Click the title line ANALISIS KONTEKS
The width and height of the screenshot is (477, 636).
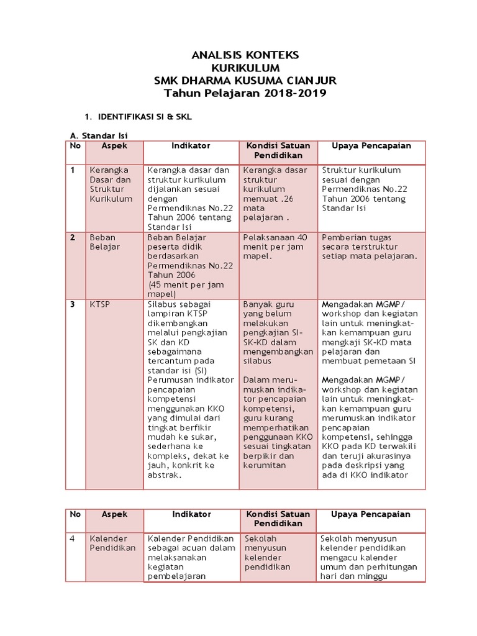click(x=245, y=55)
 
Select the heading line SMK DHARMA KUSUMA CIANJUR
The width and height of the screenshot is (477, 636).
click(x=245, y=81)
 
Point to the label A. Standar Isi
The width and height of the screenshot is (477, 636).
click(x=101, y=135)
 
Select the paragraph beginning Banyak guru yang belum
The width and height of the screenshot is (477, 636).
click(x=277, y=333)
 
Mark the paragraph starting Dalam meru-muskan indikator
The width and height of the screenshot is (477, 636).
click(x=277, y=422)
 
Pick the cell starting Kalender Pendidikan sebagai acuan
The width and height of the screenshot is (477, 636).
click(x=191, y=557)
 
